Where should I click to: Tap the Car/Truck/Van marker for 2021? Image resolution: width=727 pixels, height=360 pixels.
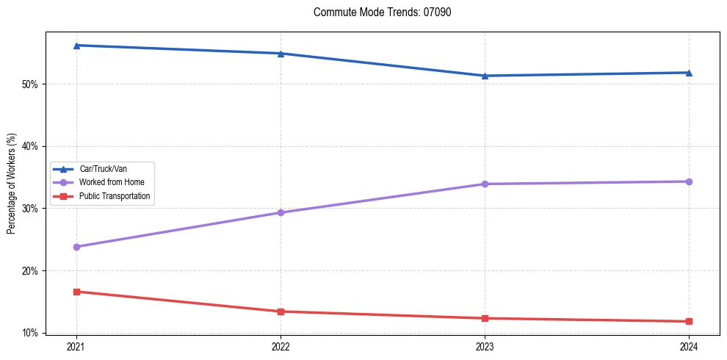76,46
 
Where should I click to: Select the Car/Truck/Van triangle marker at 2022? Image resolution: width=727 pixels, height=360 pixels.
281,54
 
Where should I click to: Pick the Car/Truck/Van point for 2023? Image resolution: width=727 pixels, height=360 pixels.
485,76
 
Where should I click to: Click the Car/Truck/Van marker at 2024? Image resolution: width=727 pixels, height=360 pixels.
689,73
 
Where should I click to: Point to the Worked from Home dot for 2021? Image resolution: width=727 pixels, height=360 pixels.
76,247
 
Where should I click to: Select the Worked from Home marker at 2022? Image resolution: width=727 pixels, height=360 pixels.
281,212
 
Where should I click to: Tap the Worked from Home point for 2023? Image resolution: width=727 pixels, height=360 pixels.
485,184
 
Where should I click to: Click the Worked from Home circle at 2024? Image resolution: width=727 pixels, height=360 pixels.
689,181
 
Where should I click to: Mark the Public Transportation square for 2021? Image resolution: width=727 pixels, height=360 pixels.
76,292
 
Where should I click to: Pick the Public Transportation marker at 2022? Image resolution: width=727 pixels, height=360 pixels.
281,312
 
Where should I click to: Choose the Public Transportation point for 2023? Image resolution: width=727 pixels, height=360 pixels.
485,318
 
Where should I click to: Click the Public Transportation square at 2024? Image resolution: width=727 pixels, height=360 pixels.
689,321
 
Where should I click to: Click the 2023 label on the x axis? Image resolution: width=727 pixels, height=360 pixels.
485,346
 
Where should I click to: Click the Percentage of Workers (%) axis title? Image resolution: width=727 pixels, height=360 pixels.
11,183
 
